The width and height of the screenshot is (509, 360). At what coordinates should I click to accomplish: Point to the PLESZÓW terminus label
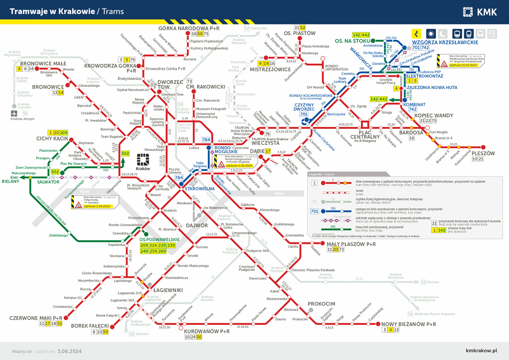pos(483,153)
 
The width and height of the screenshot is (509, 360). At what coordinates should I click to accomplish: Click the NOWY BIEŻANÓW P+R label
pos(409,324)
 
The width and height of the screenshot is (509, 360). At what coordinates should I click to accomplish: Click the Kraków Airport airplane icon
pos(14,113)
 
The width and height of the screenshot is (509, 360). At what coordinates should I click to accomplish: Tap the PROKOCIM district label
pos(322,303)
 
